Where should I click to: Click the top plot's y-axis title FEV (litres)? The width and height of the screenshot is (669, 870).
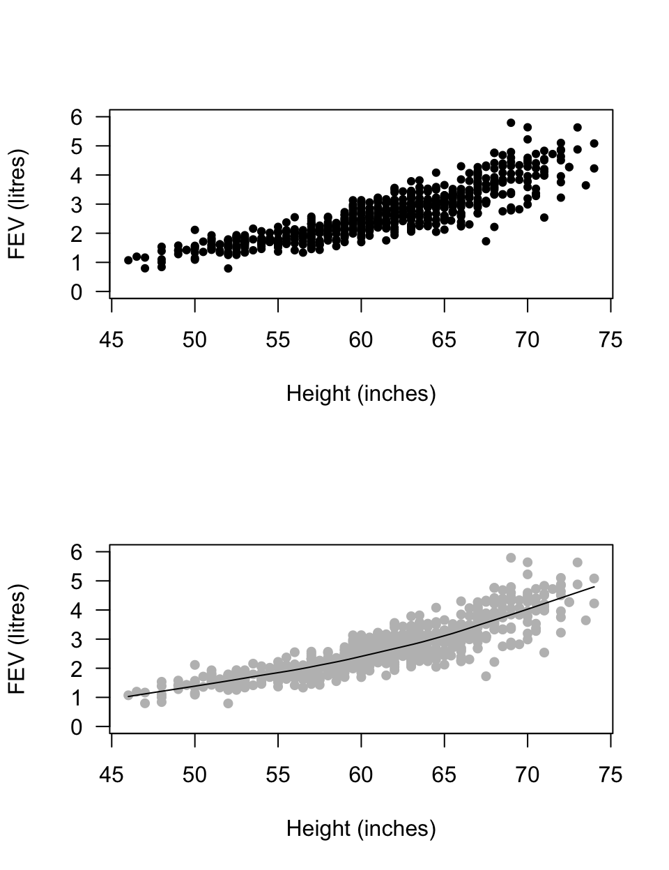click(17, 204)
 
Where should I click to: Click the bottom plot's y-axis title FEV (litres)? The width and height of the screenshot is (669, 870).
click(17, 639)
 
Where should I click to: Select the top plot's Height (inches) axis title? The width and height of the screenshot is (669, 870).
click(361, 394)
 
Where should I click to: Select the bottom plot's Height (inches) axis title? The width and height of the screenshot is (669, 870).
click(361, 829)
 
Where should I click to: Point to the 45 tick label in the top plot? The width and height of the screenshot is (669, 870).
click(112, 340)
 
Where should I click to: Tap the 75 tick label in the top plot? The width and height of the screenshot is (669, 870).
click(610, 340)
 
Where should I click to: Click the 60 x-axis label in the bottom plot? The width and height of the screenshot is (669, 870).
click(361, 775)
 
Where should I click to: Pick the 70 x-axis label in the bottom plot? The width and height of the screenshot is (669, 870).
click(528, 775)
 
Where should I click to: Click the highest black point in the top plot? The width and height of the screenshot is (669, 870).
click(511, 123)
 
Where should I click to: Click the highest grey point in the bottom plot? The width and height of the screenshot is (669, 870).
click(511, 558)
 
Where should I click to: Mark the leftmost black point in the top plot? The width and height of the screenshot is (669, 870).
click(128, 260)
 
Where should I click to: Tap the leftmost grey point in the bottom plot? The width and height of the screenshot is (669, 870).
click(128, 695)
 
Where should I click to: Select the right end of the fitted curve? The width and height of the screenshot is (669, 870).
click(594, 587)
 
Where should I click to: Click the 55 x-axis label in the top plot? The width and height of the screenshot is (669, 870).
click(278, 340)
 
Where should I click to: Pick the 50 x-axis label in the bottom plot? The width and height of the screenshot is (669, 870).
click(195, 775)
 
